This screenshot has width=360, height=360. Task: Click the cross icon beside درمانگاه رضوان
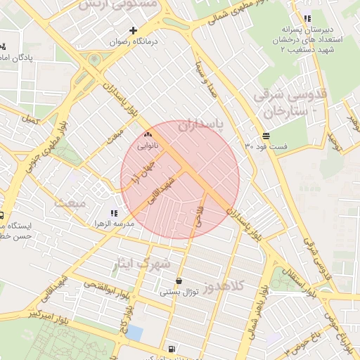pyautogui.click(x=133, y=30)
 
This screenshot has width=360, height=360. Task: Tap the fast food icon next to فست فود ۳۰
pyautogui.click(x=264, y=136)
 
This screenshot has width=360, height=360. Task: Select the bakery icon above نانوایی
pyautogui.click(x=148, y=134)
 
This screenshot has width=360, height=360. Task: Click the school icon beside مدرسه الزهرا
pyautogui.click(x=114, y=213)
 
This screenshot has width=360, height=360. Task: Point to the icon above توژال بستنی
pyautogui.click(x=179, y=281)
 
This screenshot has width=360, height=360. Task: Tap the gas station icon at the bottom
pyautogui.click(x=172, y=349)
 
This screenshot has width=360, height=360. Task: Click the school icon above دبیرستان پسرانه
pyautogui.click(x=307, y=19)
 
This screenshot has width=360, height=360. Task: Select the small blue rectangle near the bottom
pyautogui.click(x=134, y=332)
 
